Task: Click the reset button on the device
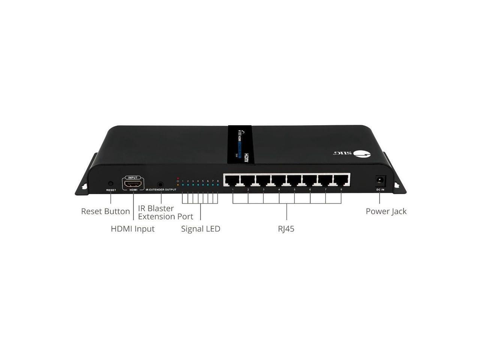pos(110,184)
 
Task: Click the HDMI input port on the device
pos(133,184)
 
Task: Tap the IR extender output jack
pos(161,184)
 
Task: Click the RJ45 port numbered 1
pos(232,180)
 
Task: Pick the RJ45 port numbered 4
pos(279,180)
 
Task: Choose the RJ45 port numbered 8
pos(341,180)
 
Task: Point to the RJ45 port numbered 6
pos(310,180)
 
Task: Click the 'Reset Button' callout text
pos(105,211)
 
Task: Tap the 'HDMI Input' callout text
pos(133,229)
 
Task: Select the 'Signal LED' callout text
pos(201,229)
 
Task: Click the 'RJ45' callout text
pos(286,229)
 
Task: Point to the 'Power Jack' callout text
pos(386,211)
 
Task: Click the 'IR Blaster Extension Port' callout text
pos(165,213)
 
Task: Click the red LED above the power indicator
pos(178,178)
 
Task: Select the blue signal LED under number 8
pos(217,185)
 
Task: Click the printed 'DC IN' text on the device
pos(380,190)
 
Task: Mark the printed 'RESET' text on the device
pos(111,190)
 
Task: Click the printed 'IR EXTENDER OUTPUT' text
pos(161,190)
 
